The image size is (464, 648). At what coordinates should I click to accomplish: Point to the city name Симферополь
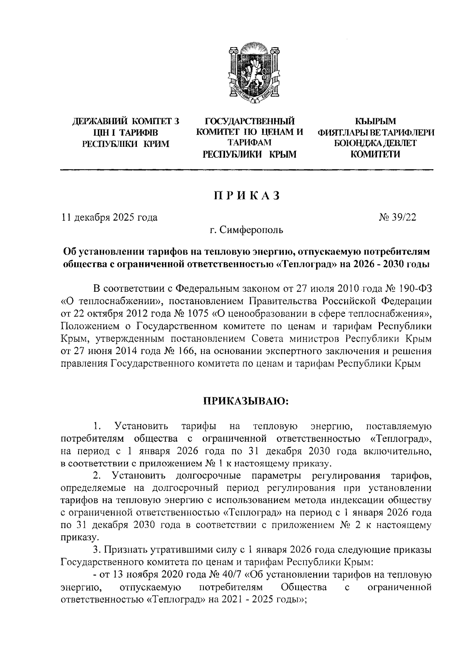coord(251,231)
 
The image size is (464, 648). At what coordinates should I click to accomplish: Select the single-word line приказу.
coord(77,537)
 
